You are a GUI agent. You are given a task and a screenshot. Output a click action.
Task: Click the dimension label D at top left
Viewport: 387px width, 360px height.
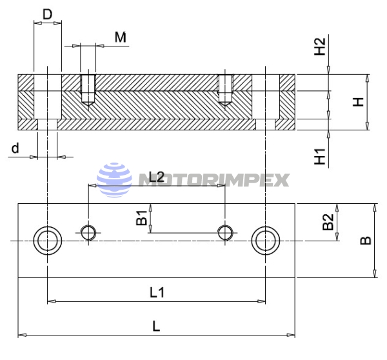coord(47,14)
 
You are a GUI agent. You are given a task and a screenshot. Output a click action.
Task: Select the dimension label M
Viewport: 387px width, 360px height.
coord(120,37)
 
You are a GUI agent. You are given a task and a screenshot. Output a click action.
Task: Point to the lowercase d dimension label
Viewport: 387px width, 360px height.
coord(14,148)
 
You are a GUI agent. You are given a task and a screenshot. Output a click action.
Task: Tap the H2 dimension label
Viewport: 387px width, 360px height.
coord(319,47)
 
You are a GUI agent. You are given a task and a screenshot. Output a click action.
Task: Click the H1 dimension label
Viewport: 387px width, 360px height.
coord(319,155)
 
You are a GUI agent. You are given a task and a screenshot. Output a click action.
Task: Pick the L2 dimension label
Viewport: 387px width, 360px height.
coord(157,176)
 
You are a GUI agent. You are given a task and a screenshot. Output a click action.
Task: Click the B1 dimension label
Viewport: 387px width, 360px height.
coord(142,218)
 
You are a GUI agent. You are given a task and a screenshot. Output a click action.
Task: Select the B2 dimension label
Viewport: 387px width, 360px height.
coord(328,223)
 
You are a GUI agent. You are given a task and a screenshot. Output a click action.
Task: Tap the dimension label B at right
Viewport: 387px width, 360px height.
coord(365,241)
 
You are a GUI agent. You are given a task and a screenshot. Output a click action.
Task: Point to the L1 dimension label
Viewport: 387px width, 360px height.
coord(157,292)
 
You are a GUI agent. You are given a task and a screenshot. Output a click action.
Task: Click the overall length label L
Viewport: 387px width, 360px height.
coord(155,326)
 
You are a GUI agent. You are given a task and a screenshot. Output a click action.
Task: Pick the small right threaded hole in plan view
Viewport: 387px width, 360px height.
coord(225,232)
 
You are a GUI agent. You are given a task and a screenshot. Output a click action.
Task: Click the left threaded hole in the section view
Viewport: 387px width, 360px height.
coord(88,89)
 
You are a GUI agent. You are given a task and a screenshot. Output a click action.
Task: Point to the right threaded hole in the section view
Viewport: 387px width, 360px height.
coord(225,89)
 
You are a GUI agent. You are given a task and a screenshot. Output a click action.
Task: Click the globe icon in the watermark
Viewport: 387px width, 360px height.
coord(114,179)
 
